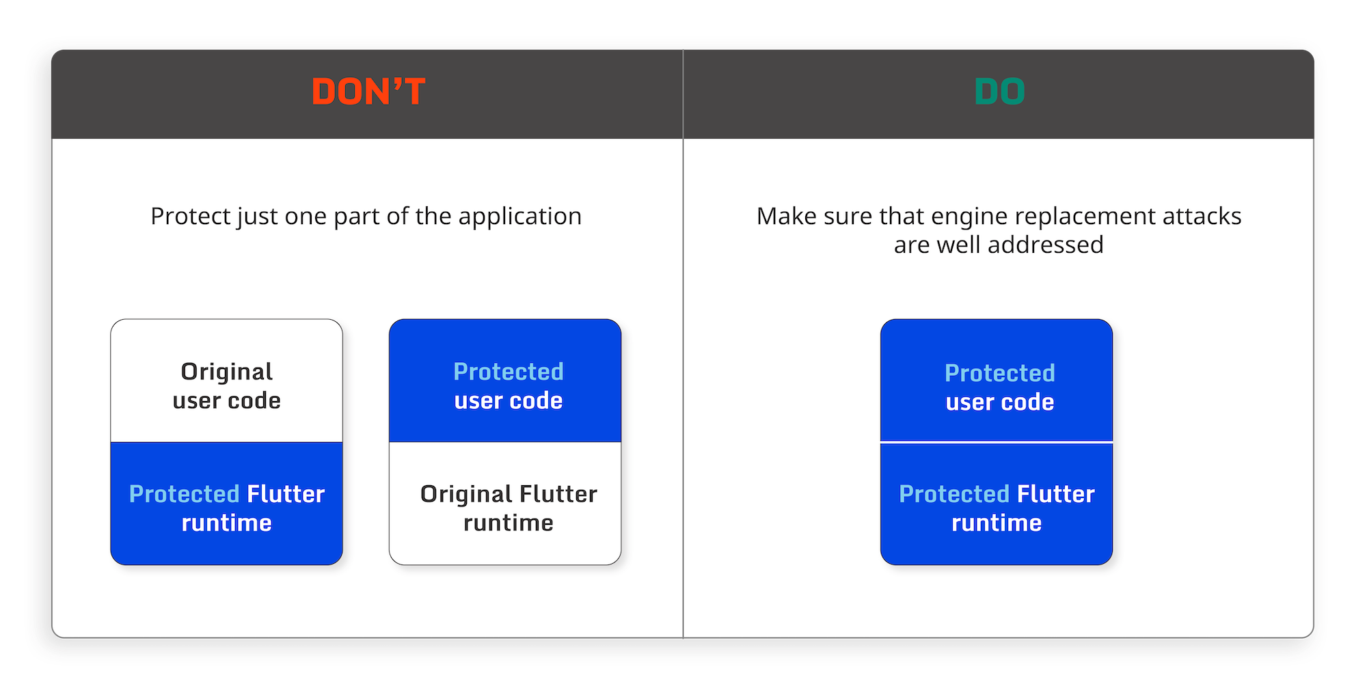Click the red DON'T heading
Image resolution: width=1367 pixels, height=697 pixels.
(368, 92)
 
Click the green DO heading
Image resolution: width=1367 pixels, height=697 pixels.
(999, 92)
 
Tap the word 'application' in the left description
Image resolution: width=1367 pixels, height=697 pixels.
(519, 217)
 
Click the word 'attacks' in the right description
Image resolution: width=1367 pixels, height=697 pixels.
(1202, 217)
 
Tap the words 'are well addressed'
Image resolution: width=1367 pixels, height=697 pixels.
(999, 245)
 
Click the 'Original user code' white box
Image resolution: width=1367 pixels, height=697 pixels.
(226, 381)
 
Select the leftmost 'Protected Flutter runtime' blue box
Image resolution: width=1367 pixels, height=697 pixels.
(226, 504)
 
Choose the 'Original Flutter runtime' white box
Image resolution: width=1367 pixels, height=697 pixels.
(505, 504)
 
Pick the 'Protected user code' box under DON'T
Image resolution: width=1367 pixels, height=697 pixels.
(505, 381)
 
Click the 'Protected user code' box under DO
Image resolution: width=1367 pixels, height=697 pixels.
(997, 381)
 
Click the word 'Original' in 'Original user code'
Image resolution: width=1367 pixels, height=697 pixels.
(227, 372)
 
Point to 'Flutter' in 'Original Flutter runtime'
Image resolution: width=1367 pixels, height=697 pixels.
(558, 494)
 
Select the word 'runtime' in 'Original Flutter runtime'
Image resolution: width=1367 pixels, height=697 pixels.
(509, 523)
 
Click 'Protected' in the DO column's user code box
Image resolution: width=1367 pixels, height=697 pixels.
(999, 373)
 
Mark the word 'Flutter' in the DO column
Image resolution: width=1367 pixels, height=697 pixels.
(1055, 494)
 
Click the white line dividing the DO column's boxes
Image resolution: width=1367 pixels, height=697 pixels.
(997, 442)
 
